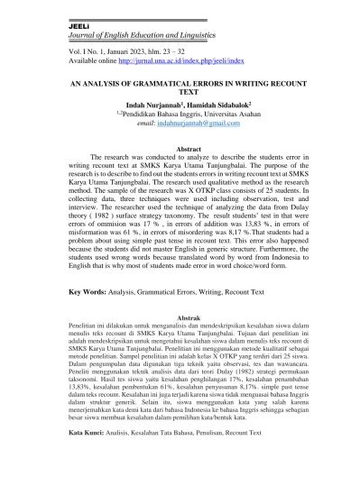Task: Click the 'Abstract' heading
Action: coord(181,147)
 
